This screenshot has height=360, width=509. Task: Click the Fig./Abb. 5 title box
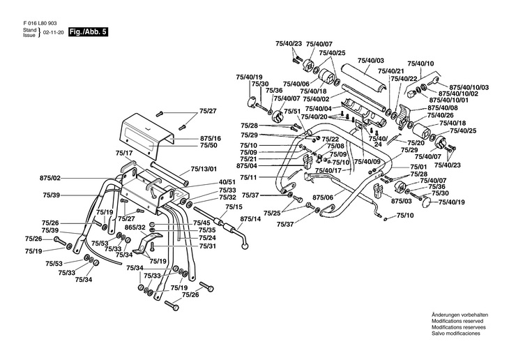88,32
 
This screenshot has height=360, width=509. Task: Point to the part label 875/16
211,138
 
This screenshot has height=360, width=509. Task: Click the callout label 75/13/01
204,169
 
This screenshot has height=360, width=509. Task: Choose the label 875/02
50,178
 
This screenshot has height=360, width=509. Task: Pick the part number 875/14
250,219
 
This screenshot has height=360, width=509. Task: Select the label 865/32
135,227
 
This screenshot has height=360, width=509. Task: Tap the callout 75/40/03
371,61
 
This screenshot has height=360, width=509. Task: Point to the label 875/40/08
443,107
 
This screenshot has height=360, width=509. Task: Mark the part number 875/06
323,197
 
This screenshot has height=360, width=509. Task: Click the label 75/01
417,167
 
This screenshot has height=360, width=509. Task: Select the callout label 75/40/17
328,170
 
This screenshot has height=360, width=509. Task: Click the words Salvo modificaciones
456,333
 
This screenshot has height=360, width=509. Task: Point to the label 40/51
227,182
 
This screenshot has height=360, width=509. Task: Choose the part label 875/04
247,166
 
